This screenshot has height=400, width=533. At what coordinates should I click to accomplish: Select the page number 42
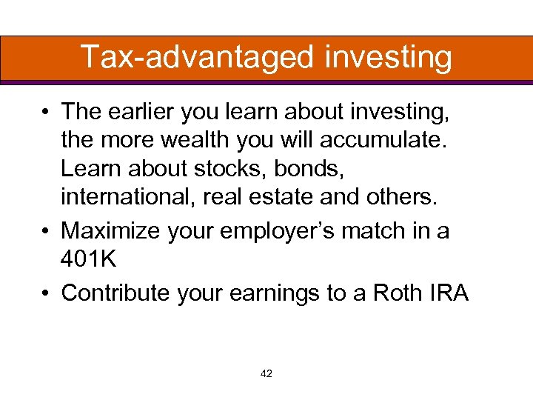[x=266, y=374]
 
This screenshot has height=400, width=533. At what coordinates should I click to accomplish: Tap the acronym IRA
[x=449, y=293]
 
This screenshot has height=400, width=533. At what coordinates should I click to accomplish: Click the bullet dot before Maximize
[x=46, y=230]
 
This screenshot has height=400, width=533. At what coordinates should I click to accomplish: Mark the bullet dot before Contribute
[x=46, y=293]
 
